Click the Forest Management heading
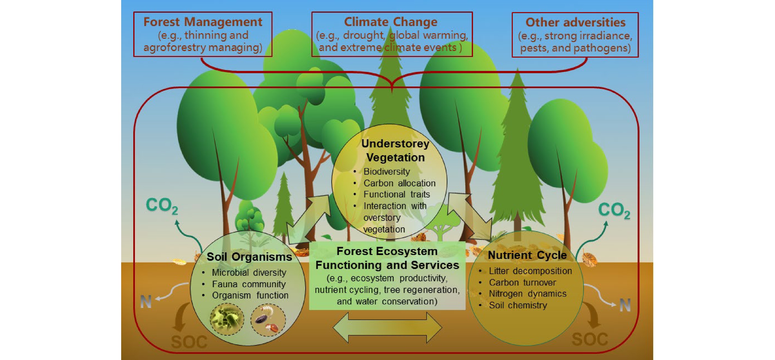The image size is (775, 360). tap(203, 22)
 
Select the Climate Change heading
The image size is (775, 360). tap(391, 22)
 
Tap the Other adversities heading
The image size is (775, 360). tap(575, 22)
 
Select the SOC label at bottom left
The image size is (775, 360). tap(189, 341)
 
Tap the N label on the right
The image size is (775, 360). tap(625, 305)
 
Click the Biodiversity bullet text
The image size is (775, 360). tap(387, 171)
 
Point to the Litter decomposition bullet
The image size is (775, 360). tap(530, 271)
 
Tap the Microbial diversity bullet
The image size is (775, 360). tap(249, 272)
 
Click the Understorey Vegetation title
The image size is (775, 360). tap(395, 150)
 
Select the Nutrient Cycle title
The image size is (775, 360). tap(527, 255)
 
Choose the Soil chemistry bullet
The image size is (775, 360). tap(518, 305)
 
